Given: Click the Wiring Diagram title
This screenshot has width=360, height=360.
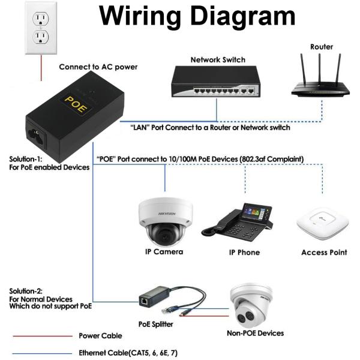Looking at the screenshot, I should click(x=197, y=17).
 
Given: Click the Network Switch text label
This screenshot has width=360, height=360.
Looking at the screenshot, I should click(x=218, y=60).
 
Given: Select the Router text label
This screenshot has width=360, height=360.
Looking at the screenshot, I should click(x=322, y=47).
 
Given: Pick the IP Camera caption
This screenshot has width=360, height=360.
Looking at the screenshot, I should click(x=164, y=253).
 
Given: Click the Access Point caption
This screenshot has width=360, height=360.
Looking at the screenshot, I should click(x=324, y=253).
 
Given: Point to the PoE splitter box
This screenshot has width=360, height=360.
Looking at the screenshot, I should click(x=146, y=299).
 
